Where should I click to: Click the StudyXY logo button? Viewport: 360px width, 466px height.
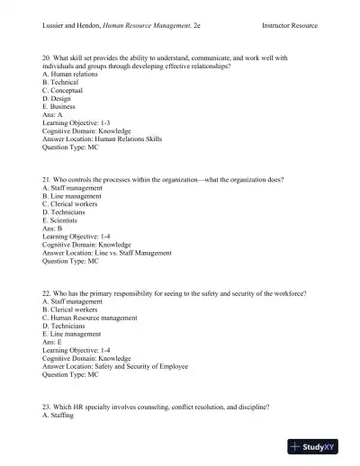[320, 446]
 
